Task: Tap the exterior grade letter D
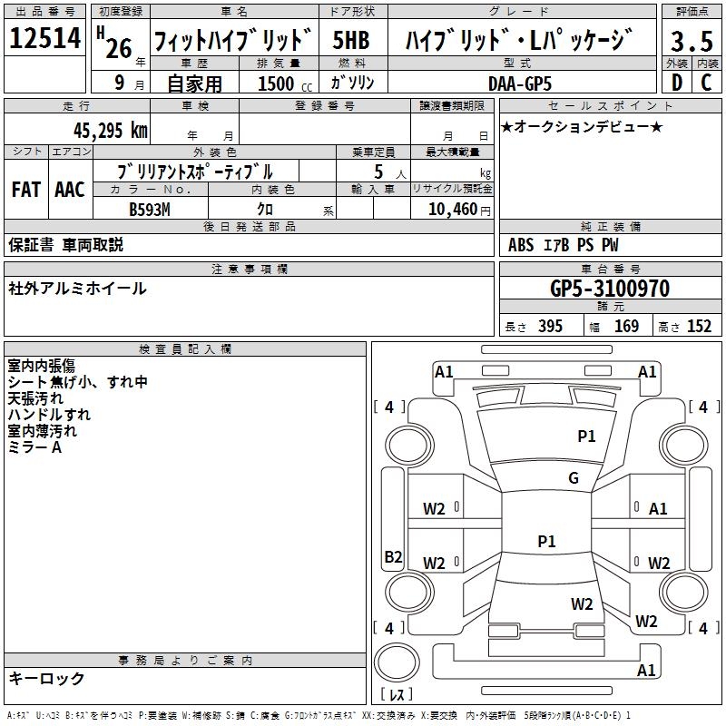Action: [675, 83]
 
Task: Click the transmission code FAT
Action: [25, 189]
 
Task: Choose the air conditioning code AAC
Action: [69, 189]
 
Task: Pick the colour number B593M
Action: [149, 208]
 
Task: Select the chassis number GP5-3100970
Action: [610, 289]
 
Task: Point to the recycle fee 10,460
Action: [451, 209]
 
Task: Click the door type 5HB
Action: [350, 40]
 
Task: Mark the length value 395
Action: [550, 327]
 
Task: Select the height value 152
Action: [699, 327]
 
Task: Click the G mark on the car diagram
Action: [574, 478]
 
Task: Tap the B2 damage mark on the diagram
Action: [393, 556]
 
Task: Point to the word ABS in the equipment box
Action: [521, 244]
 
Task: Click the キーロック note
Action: [46, 678]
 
